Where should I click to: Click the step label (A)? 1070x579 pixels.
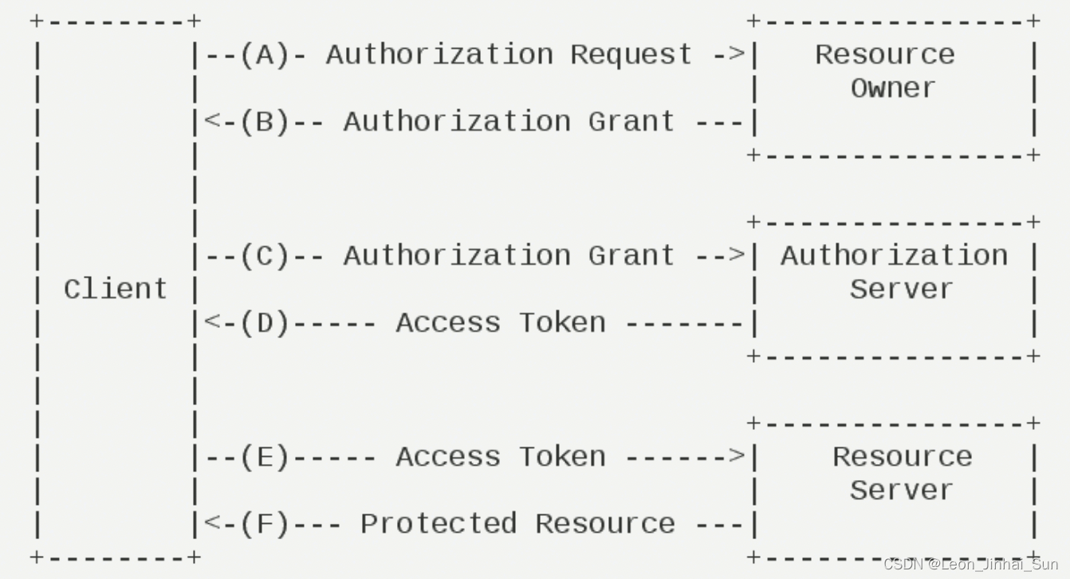point(265,55)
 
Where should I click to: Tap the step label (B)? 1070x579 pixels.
point(265,122)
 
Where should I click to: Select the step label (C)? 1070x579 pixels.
point(265,256)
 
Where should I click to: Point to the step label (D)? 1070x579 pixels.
point(265,323)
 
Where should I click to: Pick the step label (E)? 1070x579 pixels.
point(265,457)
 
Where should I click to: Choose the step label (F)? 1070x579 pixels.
point(265,524)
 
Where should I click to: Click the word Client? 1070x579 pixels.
point(116,289)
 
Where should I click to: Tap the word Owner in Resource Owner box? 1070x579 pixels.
point(893,89)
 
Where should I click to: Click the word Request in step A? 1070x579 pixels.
point(631,55)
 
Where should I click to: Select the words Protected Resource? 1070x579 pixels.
point(517,524)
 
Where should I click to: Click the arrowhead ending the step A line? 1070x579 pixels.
point(738,55)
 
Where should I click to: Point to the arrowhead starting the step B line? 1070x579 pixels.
point(211,122)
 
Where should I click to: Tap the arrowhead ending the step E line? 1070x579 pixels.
point(738,457)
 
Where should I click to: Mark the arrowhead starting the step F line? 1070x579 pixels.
point(211,524)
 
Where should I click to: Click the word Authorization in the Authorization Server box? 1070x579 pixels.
point(894,256)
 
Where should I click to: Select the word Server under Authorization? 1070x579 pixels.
point(901,289)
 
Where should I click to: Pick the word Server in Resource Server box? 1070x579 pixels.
point(901,490)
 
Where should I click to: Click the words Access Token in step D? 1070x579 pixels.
point(501,323)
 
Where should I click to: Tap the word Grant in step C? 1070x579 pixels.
point(631,256)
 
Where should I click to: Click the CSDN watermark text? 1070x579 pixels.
point(970,565)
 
